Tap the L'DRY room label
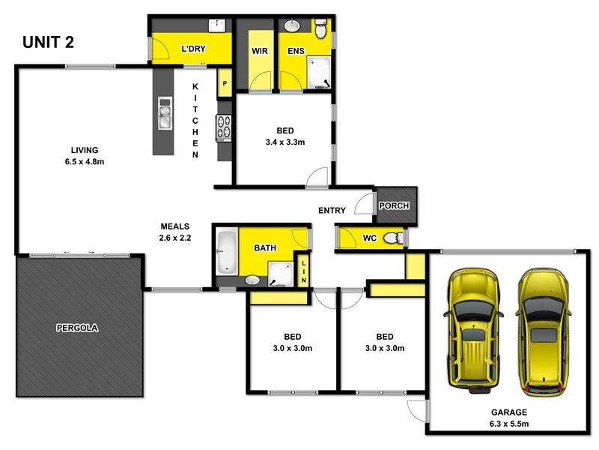pos(193,49)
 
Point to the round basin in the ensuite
pos(292,25)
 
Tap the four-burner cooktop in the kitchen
pos(224,127)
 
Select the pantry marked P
pos(224,83)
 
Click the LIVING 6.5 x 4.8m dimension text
pos(84,155)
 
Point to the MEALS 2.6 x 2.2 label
pos(174,232)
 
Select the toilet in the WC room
pos(392,238)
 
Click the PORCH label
pos(393,205)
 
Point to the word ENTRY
pos(332,211)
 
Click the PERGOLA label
pos(77,328)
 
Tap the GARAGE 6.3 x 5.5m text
pos(509,418)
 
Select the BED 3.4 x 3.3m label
pos(285,136)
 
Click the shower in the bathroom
pos(279,275)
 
